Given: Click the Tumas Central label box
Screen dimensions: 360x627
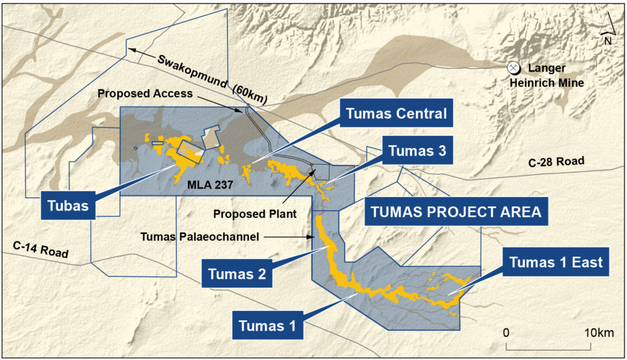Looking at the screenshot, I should click(396, 114).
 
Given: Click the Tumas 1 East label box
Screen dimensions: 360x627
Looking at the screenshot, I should click(556, 263).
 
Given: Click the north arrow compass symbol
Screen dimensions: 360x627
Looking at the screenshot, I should click(607, 29).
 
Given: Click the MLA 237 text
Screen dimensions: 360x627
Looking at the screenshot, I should click(210, 183).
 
